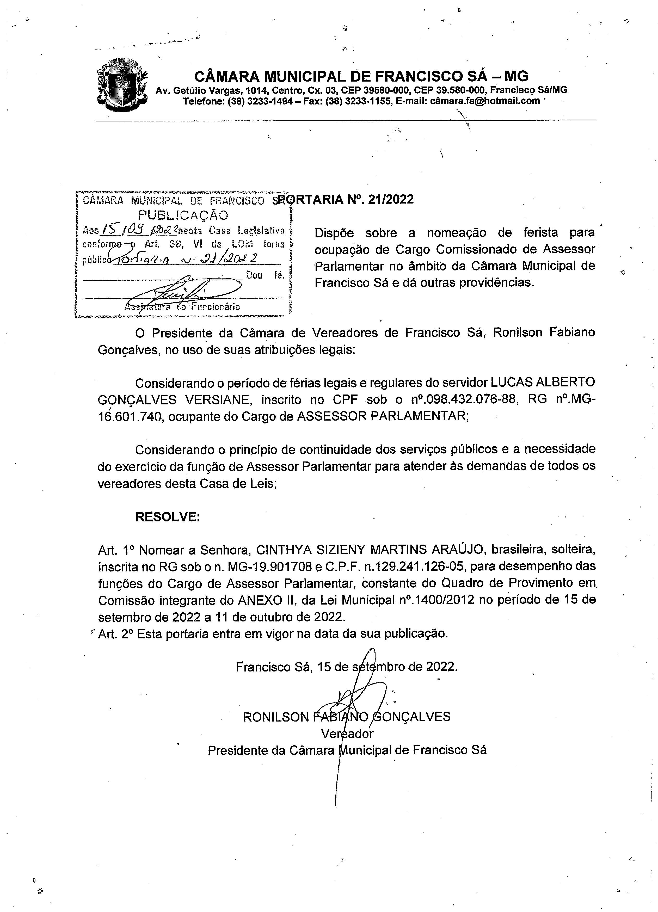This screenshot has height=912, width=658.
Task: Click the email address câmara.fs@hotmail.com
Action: [x=485, y=101]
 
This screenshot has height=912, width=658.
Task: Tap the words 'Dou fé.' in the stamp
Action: [x=265, y=275]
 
